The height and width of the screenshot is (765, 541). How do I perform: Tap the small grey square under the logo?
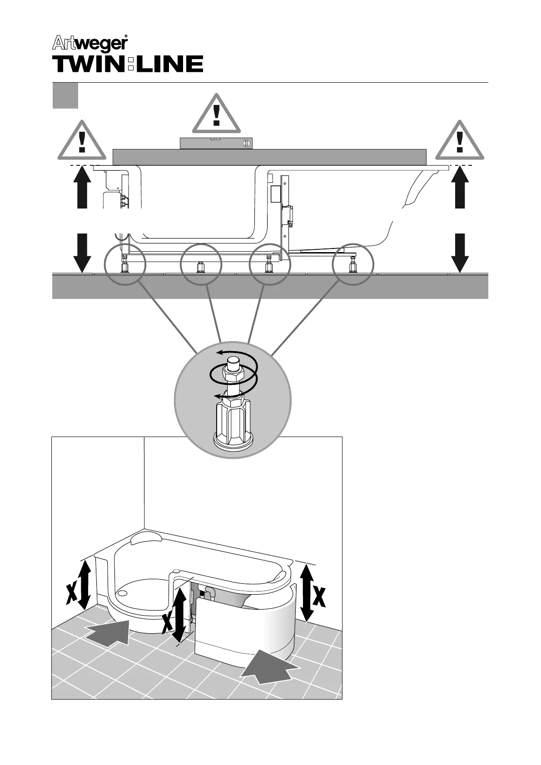[65, 95]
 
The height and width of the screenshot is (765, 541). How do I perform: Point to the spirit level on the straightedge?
[216, 143]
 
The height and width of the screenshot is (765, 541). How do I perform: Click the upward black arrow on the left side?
[81, 188]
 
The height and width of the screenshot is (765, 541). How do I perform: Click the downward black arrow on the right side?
[460, 252]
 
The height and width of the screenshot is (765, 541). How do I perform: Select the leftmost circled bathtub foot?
[124, 264]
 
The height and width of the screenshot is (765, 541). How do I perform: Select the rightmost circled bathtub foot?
[353, 264]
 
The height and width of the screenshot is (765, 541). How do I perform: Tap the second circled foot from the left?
[201, 264]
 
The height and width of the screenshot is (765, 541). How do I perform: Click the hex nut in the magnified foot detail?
[233, 374]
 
